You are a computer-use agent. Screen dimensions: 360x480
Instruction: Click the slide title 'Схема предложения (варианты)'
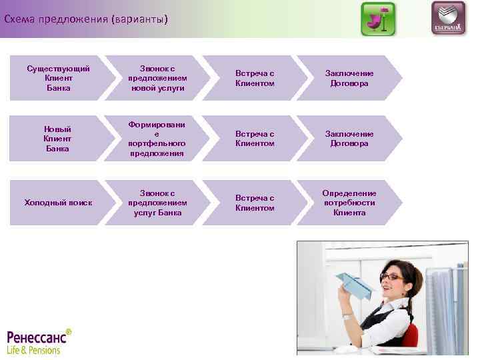point(86,19)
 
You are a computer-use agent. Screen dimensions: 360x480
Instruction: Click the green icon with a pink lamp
point(378,19)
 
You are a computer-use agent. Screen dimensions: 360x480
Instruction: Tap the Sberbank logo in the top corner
point(448,19)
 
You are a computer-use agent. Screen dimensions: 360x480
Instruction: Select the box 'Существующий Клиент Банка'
point(57,79)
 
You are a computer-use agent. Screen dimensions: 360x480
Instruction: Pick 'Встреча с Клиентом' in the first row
point(255,79)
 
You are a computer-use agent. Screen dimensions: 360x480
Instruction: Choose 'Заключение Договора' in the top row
point(349,79)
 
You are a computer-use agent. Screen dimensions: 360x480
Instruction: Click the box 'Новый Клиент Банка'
point(57,139)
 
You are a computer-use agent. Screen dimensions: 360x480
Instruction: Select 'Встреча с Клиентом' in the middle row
point(255,139)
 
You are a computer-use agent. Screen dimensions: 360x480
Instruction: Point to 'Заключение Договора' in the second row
point(349,139)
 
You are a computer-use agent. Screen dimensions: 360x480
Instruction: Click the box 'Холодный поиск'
point(57,203)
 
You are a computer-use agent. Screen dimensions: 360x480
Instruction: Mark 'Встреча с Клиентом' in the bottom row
point(255,203)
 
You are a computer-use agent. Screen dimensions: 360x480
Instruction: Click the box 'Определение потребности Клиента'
point(349,203)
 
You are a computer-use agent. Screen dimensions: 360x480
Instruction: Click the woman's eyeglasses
point(391,276)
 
